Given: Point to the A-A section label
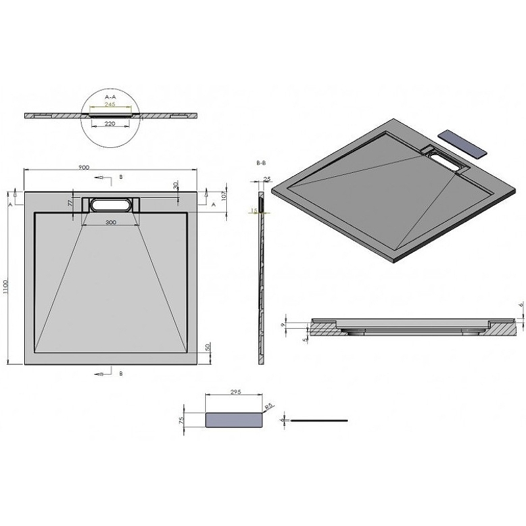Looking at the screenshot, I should pyautogui.click(x=110, y=96).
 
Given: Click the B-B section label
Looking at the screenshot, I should pyautogui.click(x=260, y=161).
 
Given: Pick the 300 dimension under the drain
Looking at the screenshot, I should pyautogui.click(x=110, y=223).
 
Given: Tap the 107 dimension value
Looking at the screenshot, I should pyautogui.click(x=224, y=196).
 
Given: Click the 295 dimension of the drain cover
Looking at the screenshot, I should pyautogui.click(x=236, y=393).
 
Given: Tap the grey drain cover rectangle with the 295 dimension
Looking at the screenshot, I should pyautogui.click(x=234, y=419).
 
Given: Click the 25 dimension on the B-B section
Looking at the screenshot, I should pyautogui.click(x=266, y=179).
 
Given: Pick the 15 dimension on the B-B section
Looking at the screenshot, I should pyautogui.click(x=252, y=211).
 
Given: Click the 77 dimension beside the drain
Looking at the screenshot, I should pyautogui.click(x=70, y=204).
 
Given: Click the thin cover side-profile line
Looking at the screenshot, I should pyautogui.click(x=320, y=419).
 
